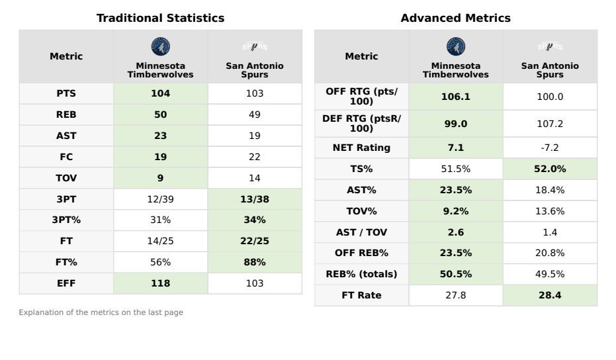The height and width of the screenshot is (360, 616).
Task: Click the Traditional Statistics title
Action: [160, 19]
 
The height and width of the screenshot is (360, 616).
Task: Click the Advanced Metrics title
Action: [455, 19]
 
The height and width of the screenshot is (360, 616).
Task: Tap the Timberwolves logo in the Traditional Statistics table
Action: [160, 46]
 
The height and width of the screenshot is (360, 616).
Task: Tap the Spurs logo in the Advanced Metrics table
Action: [550, 46]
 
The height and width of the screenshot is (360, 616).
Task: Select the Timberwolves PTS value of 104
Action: [160, 94]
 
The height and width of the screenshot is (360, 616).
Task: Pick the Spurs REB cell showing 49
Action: [255, 114]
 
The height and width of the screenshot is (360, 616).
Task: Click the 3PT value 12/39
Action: [160, 199]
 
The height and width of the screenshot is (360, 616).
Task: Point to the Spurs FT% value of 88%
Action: [255, 262]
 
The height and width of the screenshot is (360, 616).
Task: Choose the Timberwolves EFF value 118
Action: [160, 283]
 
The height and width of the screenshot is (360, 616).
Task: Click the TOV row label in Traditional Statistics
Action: [66, 178]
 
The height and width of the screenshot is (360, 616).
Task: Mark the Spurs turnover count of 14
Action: [255, 178]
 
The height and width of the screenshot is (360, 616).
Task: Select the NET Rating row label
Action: [361, 148]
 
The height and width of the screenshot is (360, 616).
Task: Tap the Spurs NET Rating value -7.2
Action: [550, 148]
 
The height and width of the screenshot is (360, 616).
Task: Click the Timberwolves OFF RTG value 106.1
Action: [455, 97]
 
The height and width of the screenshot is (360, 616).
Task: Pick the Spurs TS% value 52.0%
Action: [550, 169]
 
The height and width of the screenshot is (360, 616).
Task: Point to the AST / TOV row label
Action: [361, 232]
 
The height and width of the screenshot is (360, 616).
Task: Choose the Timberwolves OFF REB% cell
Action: [455, 253]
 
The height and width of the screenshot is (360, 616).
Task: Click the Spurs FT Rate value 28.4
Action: [550, 296]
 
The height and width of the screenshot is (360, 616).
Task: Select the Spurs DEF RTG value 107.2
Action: [550, 124]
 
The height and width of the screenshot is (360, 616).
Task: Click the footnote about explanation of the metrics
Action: [101, 312]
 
